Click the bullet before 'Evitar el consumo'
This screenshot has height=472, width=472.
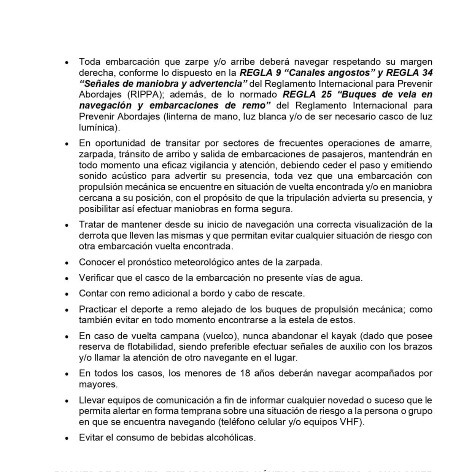coord(67,438)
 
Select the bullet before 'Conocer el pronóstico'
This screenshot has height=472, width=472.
coord(67,263)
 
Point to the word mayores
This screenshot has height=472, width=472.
coord(97,385)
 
